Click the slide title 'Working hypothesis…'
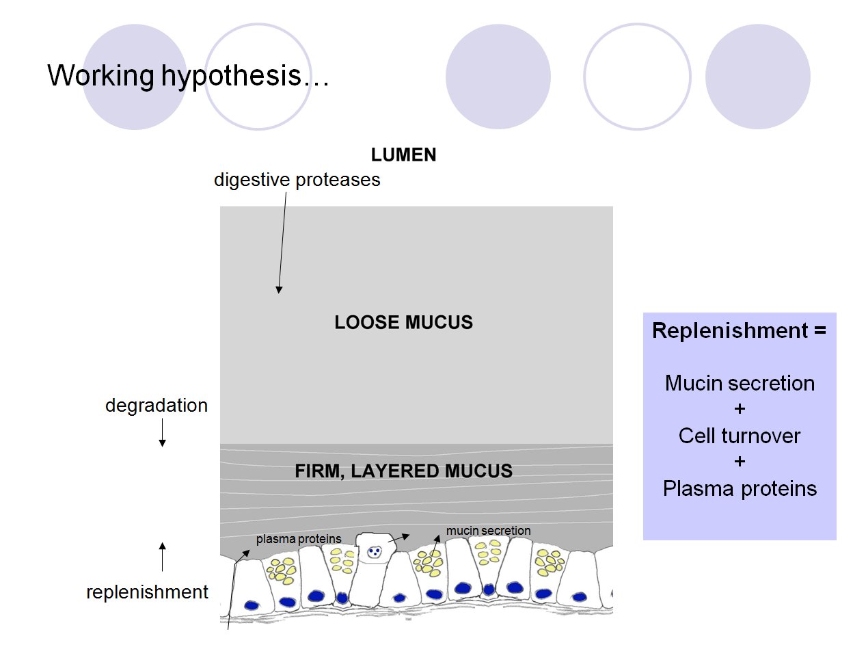tap(188, 75)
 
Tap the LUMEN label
tap(403, 155)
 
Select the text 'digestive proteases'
tap(297, 180)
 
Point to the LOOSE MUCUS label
tap(403, 323)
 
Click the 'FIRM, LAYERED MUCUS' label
tap(403, 471)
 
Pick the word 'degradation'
tap(156, 406)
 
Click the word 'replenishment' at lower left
tap(147, 592)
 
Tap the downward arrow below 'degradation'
tap(162, 432)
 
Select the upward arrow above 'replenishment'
tap(162, 556)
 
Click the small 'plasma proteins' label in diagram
tap(298, 539)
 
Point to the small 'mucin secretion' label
tap(488, 531)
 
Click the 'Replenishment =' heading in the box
tap(739, 331)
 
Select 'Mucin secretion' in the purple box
tap(740, 383)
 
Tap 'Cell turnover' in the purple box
tap(739, 436)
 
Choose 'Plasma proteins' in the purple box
tap(740, 488)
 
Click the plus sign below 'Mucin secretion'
tap(740, 409)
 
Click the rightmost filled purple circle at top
tap(757, 77)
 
